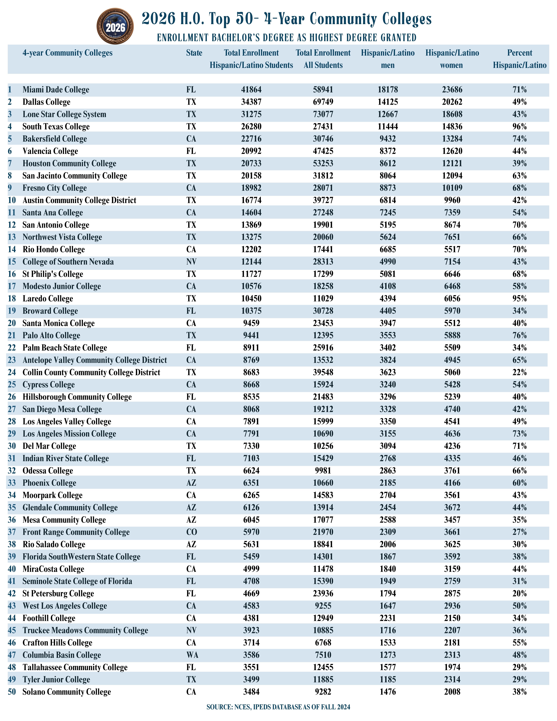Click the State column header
click(194, 53)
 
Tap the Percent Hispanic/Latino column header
click(519, 59)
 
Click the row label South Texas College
click(56, 127)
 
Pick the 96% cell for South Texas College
click(519, 127)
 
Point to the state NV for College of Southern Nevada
click(191, 262)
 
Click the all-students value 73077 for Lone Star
click(323, 114)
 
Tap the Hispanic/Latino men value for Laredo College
click(388, 298)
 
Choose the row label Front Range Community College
click(76, 532)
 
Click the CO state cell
click(191, 532)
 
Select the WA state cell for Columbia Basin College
click(192, 655)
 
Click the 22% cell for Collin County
click(519, 372)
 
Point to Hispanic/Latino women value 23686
click(452, 89)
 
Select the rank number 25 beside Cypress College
click(12, 385)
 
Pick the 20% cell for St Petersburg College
click(519, 594)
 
